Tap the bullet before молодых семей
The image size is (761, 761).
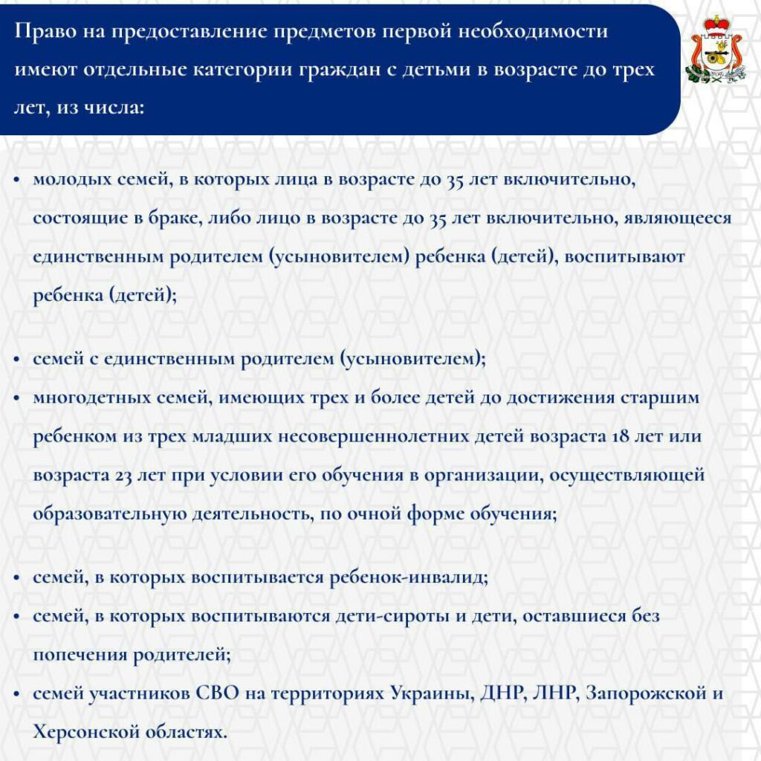pyautogui.click(x=17, y=181)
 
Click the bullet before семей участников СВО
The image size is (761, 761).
pyautogui.click(x=17, y=694)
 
